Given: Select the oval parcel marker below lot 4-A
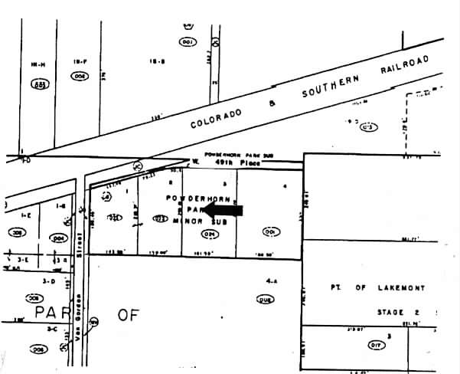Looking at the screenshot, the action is click(266, 299).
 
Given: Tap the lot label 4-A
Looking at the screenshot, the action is click(268, 281).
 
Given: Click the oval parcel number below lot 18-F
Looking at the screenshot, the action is click(79, 77).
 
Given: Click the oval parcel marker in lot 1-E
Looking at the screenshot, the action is click(15, 231).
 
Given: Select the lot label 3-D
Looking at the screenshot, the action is click(49, 281).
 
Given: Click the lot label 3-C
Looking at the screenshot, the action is click(52, 329).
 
